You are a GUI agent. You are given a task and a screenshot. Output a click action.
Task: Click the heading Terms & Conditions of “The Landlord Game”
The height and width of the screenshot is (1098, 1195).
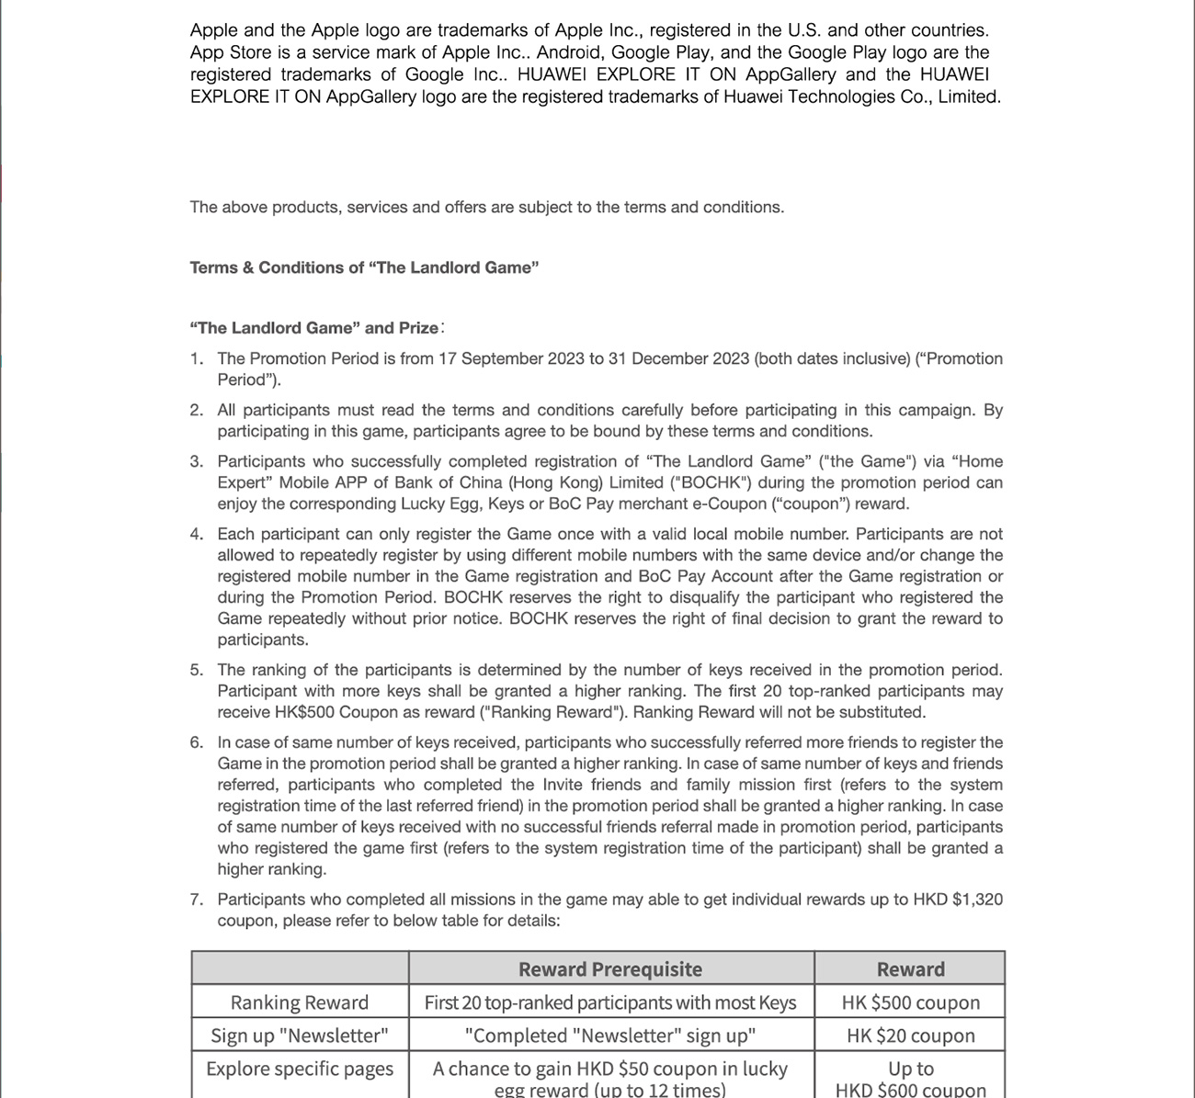pos(364,267)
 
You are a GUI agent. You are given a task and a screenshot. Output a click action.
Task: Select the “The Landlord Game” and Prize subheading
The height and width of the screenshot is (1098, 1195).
pos(314,328)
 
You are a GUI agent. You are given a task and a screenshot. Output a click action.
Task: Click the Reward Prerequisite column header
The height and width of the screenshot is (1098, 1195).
pos(610,969)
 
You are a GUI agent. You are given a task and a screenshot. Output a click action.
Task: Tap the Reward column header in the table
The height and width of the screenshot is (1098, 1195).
pos(910,969)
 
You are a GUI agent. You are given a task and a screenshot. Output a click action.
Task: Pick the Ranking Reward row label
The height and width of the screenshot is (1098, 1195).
pos(300,1002)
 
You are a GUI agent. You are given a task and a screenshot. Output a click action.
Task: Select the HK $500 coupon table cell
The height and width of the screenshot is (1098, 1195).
pos(910,1002)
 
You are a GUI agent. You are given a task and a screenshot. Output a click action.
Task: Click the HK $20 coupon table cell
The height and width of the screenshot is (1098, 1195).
pos(910,1036)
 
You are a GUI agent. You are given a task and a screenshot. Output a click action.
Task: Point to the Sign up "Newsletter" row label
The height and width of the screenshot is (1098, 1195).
pos(300,1036)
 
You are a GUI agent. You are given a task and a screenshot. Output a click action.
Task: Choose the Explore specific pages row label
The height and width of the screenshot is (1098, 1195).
pos(300,1069)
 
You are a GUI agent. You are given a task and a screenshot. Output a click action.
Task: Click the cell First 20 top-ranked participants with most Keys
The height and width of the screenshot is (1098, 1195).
pos(610,1002)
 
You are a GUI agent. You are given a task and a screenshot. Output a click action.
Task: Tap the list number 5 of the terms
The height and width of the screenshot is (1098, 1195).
pos(197,670)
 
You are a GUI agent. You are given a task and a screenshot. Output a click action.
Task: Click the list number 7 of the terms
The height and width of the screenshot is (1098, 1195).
pos(197,900)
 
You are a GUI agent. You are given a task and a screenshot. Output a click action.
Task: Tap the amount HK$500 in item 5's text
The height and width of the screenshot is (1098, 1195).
pos(303,712)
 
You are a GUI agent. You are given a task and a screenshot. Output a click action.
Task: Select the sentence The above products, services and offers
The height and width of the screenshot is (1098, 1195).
pos(486,207)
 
